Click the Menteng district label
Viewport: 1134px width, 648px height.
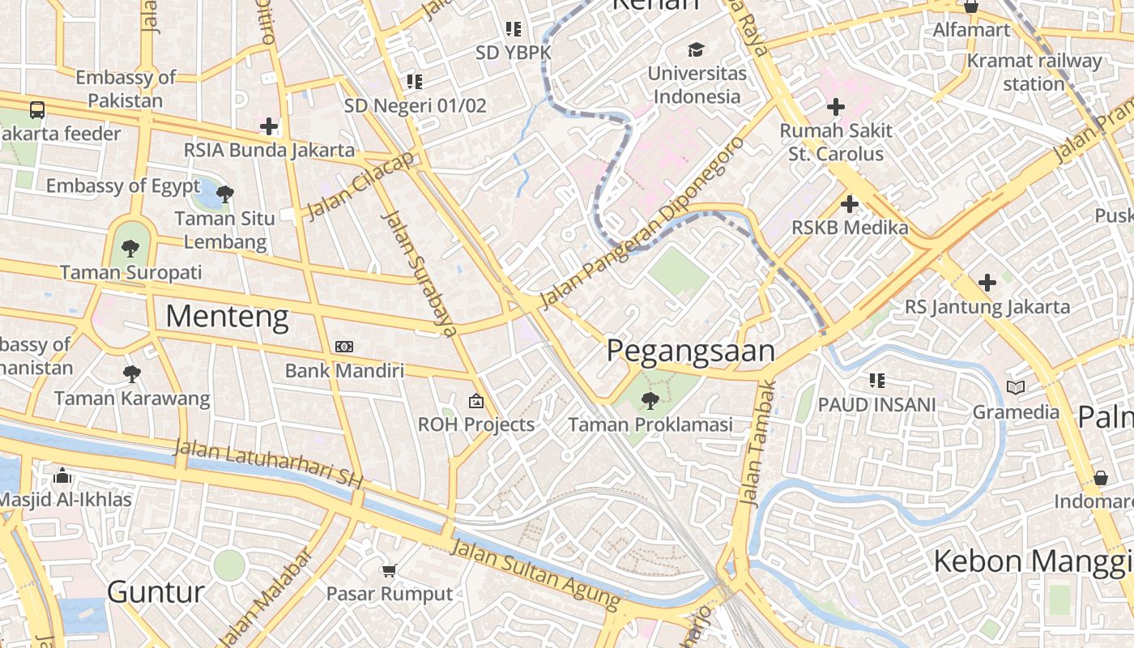click(227, 317)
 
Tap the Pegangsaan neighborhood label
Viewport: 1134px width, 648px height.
click(690, 351)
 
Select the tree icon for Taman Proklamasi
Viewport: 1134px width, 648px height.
click(649, 399)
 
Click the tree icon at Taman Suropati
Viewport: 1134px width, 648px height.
click(130, 249)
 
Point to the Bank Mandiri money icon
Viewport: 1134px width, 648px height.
click(344, 347)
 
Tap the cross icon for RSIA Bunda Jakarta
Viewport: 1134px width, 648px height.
click(269, 126)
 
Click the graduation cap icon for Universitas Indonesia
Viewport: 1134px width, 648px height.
click(696, 50)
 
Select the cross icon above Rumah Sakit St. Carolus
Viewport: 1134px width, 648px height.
click(836, 107)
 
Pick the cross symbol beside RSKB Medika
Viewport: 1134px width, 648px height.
click(850, 204)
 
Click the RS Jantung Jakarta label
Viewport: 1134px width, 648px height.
click(987, 307)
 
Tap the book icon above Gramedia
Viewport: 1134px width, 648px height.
click(1016, 387)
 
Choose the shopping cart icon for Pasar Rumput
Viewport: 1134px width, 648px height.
click(389, 570)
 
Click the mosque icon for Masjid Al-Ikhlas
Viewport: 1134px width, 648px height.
click(62, 475)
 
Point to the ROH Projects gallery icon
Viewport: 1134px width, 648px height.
click(476, 400)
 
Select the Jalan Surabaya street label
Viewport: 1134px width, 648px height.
click(419, 273)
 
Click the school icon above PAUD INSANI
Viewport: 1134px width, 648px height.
click(876, 380)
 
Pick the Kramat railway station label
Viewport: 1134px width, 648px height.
click(1034, 72)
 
